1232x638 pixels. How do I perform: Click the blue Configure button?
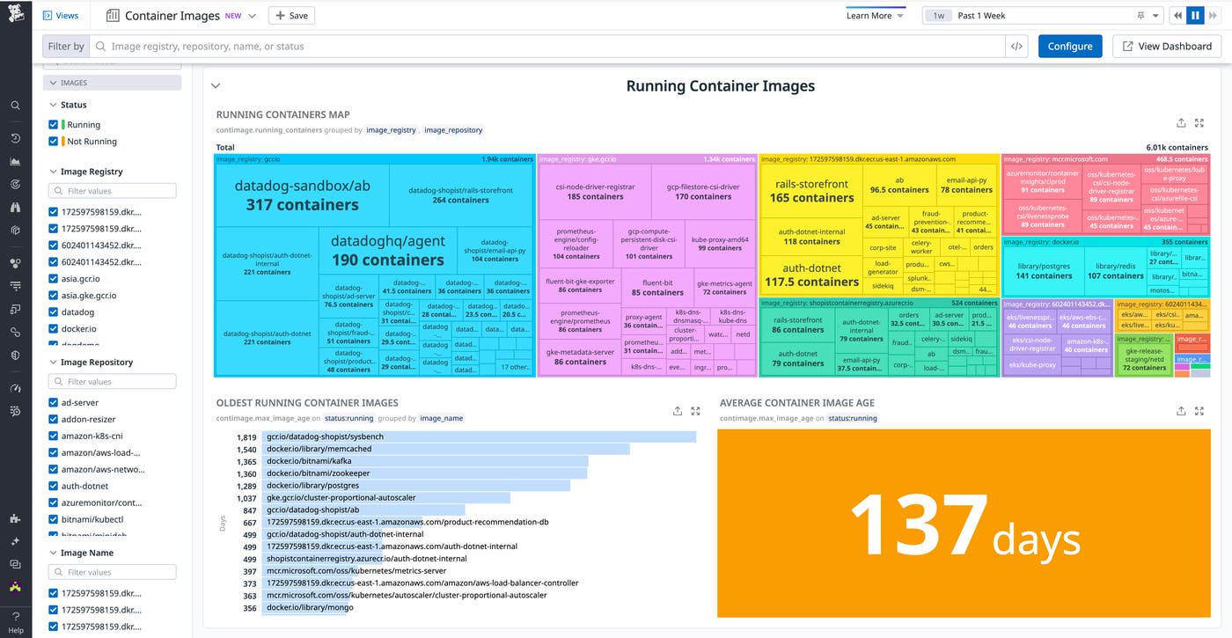(1070, 47)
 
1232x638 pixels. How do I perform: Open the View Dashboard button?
(1167, 47)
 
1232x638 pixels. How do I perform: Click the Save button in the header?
(291, 16)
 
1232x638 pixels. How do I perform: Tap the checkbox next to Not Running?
(54, 142)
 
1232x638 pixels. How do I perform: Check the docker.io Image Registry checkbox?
(54, 329)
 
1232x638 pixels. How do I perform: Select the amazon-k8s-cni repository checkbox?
(54, 436)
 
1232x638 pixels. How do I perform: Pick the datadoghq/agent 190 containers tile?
(387, 250)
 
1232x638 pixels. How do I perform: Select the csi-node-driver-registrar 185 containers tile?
(595, 191)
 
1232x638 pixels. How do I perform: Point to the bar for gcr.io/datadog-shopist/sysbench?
(480, 437)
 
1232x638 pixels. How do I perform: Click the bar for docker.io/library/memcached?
(446, 450)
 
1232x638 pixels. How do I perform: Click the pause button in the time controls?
(1195, 16)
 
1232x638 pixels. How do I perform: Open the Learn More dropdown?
(875, 16)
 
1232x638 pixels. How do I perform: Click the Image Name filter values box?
(112, 572)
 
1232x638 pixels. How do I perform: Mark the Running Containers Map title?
(282, 114)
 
